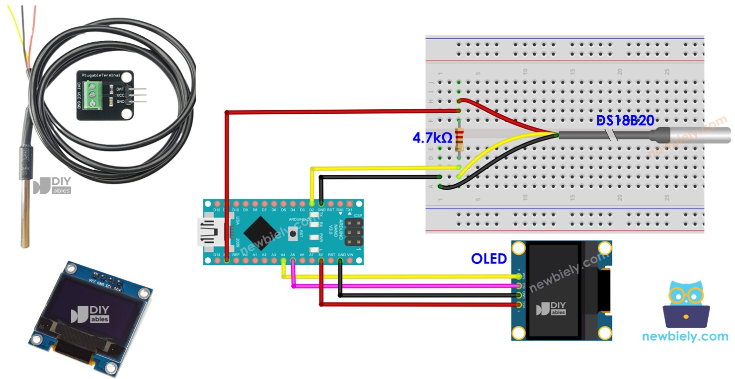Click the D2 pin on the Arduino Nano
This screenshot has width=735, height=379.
click(312, 204)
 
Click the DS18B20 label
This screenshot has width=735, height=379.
click(625, 121)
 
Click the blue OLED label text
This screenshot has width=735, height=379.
click(489, 259)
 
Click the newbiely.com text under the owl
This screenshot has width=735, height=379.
click(685, 336)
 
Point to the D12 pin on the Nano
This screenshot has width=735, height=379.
click(217, 204)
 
